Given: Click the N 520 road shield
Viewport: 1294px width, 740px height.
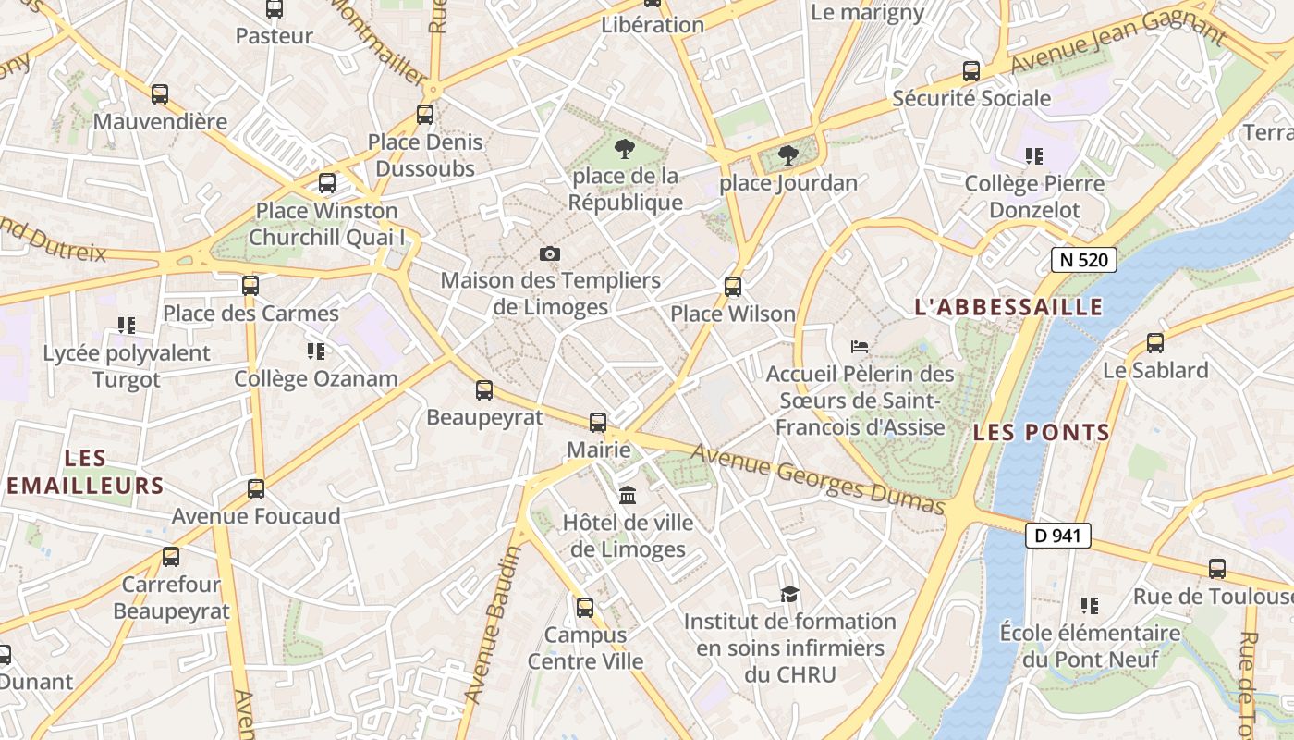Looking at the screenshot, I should pos(1083,260).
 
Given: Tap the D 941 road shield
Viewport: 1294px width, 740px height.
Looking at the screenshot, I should pos(1057,536).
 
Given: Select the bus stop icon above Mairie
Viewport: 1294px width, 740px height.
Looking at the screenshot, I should pos(598,423).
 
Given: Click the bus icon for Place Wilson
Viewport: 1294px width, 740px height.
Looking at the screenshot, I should pos(733,287).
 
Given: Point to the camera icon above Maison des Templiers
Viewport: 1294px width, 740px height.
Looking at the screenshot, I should pos(550,253).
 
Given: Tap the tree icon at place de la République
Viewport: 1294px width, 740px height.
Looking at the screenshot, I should pos(625,149).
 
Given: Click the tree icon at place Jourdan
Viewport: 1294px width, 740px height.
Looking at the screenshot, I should pos(787,155).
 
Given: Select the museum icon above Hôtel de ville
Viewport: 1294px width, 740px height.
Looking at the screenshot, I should pos(628,496).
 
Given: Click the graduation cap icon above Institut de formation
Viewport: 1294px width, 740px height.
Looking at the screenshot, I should pos(789,594).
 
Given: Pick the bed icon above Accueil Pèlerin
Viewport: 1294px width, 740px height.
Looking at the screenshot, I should pos(860,348).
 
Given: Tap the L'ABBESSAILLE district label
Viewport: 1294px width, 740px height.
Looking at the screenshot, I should pos(1008,307).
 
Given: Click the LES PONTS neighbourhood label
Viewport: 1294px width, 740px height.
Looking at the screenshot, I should pos(1041,432).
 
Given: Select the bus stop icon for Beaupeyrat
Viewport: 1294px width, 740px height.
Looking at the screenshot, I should pos(484,390).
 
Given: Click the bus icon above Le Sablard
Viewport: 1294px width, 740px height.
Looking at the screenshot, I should pos(1154,343).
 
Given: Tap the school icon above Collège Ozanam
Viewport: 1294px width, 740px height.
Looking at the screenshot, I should pos(316,351).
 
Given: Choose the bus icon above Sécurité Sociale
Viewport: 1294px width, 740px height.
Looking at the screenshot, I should pos(970,71).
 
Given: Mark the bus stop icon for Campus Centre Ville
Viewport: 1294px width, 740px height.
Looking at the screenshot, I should pos(584,608).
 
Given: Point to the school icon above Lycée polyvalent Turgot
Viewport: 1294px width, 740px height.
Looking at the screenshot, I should pos(127,326).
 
